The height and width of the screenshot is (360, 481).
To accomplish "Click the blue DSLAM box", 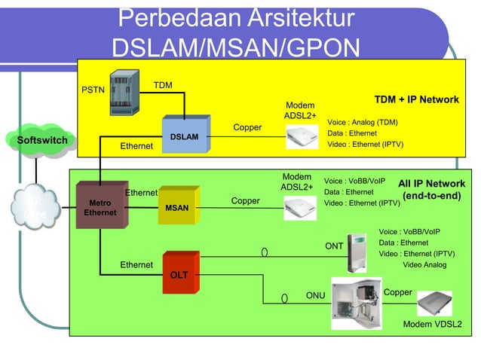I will tap(183, 136).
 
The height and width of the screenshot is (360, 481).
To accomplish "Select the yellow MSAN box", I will tap(178, 206).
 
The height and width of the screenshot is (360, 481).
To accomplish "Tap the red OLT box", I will tap(179, 276).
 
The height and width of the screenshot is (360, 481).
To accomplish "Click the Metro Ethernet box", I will tap(100, 207).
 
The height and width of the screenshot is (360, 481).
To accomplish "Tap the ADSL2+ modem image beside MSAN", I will tap(300, 207).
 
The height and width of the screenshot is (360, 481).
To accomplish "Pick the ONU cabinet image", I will tap(357, 303).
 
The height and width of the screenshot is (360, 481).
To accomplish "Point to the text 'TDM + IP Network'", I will tap(416, 100).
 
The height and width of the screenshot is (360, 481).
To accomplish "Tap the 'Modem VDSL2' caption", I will tap(432, 325).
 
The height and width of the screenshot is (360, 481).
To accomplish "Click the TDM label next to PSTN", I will tap(163, 85).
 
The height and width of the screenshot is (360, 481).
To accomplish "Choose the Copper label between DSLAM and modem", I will tap(247, 128).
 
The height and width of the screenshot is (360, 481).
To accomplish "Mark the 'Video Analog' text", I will tap(424, 265).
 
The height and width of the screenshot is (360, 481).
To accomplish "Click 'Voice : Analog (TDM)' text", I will tap(362, 122).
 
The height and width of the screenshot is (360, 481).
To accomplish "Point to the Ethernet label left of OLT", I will tap(136, 265).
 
